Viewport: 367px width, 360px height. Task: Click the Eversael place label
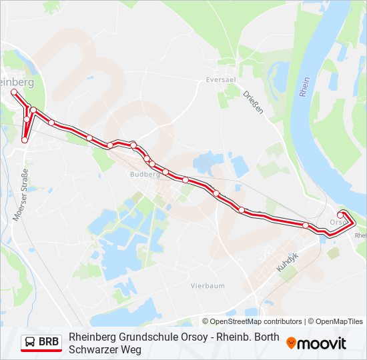click(221, 79)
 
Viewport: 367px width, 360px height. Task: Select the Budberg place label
click(145, 174)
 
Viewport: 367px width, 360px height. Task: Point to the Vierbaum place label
click(208, 285)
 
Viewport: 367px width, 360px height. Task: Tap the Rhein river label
click(305, 87)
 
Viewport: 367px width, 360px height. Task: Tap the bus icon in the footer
click(31, 343)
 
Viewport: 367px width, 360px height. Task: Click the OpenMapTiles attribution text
click(340, 321)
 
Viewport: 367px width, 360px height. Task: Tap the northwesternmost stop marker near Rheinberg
click(13, 91)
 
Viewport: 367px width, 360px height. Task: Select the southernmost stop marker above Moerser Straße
click(25, 140)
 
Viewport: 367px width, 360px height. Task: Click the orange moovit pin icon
click(291, 343)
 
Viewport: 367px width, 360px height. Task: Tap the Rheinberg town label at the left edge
click(17, 81)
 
